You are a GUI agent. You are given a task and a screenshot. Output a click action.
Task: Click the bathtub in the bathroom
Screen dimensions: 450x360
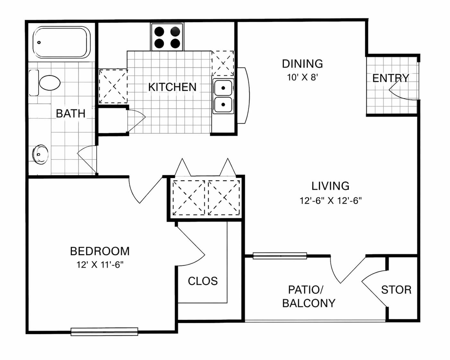pyautogui.click(x=60, y=42)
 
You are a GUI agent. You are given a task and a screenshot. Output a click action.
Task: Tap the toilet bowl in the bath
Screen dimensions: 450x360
pyautogui.click(x=49, y=83)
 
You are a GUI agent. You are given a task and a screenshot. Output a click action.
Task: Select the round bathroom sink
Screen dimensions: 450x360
pyautogui.click(x=40, y=154)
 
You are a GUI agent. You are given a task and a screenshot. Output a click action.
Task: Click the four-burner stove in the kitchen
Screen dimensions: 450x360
pyautogui.click(x=167, y=37)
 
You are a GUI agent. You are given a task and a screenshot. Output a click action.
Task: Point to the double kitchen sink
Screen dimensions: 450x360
pyautogui.click(x=223, y=96)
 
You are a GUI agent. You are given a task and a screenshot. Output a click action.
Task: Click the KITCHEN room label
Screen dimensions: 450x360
pyautogui.click(x=172, y=87)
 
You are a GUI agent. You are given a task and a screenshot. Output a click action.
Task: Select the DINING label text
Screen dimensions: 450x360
pyautogui.click(x=302, y=64)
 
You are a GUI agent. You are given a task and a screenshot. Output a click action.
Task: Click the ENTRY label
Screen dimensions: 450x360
pyautogui.click(x=391, y=78)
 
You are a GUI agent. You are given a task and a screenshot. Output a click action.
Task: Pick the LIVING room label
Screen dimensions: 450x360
pyautogui.click(x=330, y=186)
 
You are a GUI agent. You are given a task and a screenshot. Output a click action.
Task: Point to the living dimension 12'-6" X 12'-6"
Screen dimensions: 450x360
pyautogui.click(x=331, y=201)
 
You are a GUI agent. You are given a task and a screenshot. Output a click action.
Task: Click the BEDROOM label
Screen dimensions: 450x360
pyautogui.click(x=100, y=251)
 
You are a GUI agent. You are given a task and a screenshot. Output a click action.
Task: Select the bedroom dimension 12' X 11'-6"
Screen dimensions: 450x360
pyautogui.click(x=100, y=265)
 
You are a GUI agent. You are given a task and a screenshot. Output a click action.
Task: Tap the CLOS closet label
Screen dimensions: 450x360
pyautogui.click(x=203, y=281)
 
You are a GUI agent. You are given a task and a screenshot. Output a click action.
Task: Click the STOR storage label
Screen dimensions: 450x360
pyautogui.click(x=396, y=290)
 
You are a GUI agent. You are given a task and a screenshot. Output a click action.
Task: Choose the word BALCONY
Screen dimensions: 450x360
pyautogui.click(x=309, y=303)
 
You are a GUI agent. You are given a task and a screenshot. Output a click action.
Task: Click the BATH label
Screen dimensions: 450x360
pyautogui.click(x=71, y=114)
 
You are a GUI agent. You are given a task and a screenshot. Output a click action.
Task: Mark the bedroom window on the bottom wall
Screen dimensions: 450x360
pyautogui.click(x=104, y=331)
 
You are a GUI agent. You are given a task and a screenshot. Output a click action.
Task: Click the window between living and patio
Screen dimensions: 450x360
pyautogui.click(x=280, y=256)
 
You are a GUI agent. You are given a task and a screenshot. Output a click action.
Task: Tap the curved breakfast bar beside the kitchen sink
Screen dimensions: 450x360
pyautogui.click(x=244, y=96)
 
